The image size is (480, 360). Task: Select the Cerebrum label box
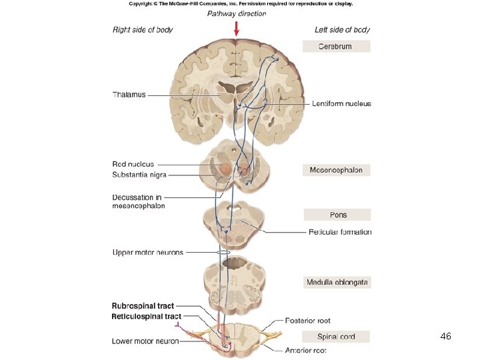(x=336, y=47)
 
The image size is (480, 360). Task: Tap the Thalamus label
(x=129, y=95)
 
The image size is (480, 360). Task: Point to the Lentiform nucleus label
(x=341, y=104)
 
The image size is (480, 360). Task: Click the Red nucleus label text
(x=133, y=164)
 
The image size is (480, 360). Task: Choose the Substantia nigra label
(x=139, y=175)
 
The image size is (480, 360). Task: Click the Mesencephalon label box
(x=336, y=170)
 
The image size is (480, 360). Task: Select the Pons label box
(x=337, y=215)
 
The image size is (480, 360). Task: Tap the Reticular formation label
(x=340, y=232)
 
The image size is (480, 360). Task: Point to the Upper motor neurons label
(x=147, y=253)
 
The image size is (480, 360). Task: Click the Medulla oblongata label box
(x=337, y=282)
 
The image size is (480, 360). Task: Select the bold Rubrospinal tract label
(x=143, y=307)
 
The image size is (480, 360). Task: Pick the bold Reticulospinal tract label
(x=146, y=316)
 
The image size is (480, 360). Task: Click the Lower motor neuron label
(x=145, y=341)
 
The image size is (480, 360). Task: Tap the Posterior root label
(x=307, y=321)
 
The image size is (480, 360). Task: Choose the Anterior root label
(x=305, y=350)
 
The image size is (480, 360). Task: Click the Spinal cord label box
(x=336, y=336)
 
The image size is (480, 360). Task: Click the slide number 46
(x=445, y=337)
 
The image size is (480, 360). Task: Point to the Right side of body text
(x=143, y=30)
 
